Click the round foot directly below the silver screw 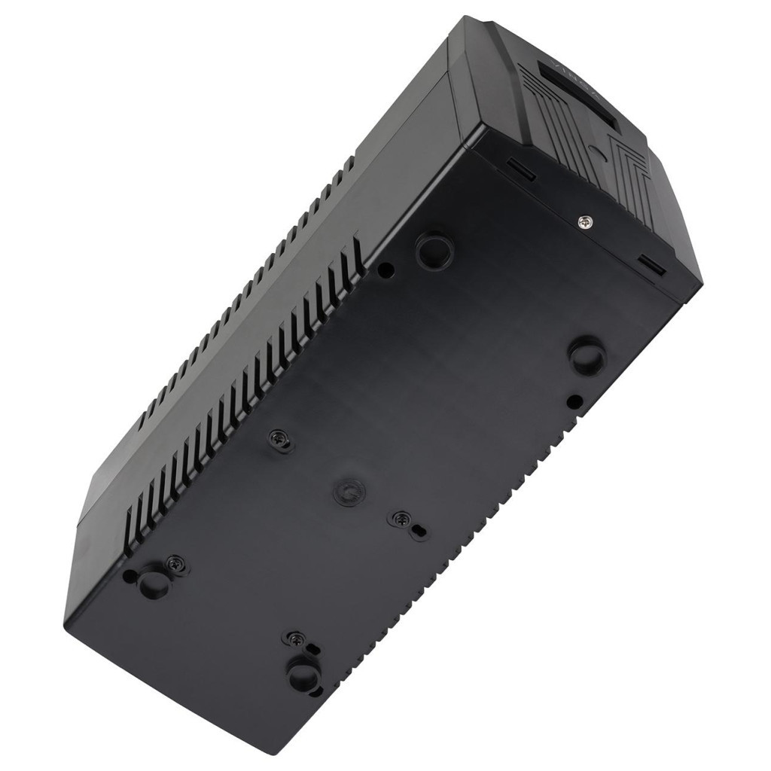(587, 355)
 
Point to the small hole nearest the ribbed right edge (574, 401)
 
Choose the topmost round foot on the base (434, 249)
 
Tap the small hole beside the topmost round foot (385, 269)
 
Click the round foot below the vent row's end (155, 581)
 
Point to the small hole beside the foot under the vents (130, 575)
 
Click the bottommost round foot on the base (304, 672)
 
